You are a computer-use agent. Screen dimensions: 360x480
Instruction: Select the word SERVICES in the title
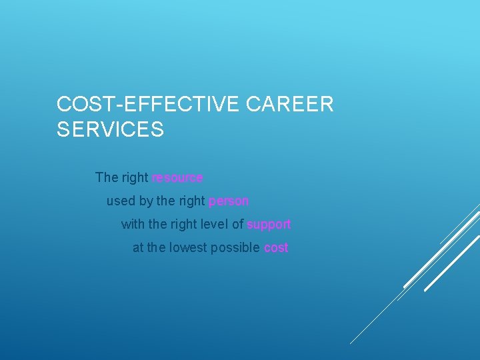(x=110, y=129)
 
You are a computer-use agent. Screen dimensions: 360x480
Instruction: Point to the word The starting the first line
(x=107, y=177)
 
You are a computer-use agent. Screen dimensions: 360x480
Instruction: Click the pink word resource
(x=177, y=177)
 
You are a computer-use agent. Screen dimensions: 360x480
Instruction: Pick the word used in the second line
(x=121, y=201)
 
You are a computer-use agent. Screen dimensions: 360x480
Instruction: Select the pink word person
(x=229, y=201)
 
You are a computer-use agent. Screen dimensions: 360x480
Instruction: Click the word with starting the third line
(x=132, y=224)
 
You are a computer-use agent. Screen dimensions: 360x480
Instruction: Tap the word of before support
(x=237, y=224)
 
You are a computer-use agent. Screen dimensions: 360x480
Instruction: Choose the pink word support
(x=269, y=225)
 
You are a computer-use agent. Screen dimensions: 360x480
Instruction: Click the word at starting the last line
(x=138, y=248)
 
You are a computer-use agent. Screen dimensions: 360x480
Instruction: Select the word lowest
(x=188, y=247)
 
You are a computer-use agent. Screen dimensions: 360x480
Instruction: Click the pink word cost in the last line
(x=276, y=248)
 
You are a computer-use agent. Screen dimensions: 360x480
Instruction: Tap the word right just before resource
(x=135, y=178)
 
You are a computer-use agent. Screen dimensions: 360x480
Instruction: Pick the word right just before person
(x=192, y=201)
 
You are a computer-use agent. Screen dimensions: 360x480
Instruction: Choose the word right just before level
(x=183, y=225)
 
